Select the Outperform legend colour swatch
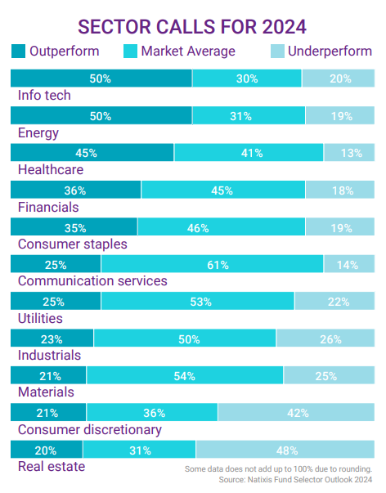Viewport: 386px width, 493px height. tap(18, 52)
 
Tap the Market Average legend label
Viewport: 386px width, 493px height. tap(187, 52)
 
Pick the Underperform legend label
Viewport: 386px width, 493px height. tap(332, 52)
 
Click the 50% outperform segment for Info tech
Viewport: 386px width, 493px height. tap(101, 78)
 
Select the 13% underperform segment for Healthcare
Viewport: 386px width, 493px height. tap(349, 153)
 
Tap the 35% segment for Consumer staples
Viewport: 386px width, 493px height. tap(74, 227)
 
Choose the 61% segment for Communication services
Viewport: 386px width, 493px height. tap(212, 264)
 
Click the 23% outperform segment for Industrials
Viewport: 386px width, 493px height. tap(52, 338)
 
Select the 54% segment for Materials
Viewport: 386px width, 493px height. tap(185, 375)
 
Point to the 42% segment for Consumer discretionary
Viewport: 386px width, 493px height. tap(297, 412)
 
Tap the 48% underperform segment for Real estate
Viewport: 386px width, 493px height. tap(286, 450)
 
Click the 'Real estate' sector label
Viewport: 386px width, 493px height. tap(51, 467)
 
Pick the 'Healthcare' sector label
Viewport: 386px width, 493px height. tap(51, 170)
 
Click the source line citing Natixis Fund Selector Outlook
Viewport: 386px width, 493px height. tap(296, 479)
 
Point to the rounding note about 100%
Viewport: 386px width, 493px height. tap(278, 468)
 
